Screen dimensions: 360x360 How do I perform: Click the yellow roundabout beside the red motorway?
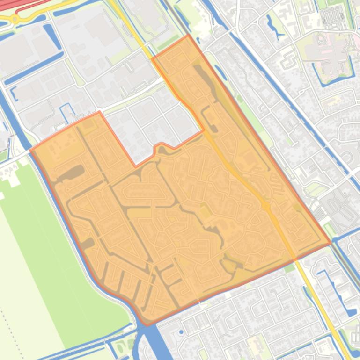click(x=15, y=19)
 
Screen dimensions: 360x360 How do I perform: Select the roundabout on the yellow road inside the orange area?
click(x=265, y=205)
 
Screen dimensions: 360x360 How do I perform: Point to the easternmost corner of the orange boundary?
click(x=331, y=243)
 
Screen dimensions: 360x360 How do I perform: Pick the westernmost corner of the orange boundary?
click(x=30, y=151)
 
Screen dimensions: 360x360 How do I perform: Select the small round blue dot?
click(x=181, y=332)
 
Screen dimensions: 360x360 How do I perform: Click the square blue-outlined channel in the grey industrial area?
click(x=66, y=110)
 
